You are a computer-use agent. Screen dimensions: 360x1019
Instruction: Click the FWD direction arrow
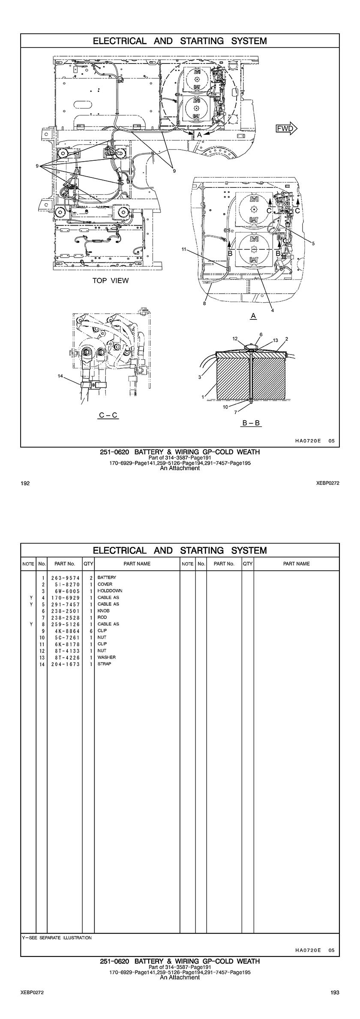coord(286,128)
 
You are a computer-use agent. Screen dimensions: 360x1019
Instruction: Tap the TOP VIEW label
coord(111,281)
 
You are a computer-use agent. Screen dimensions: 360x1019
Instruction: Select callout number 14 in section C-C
coord(60,376)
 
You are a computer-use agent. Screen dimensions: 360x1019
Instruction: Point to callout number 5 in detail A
coord(313,243)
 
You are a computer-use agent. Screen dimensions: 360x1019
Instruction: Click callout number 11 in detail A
coord(184,249)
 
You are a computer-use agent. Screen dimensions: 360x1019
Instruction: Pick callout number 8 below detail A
coord(205,304)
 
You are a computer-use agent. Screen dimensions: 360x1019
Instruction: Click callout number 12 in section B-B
coord(235,339)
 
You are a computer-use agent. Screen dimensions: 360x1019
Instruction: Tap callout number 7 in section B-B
coord(235,412)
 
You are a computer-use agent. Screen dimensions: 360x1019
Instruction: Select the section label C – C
coord(108,415)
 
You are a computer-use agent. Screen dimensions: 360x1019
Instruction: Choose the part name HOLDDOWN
coord(110,591)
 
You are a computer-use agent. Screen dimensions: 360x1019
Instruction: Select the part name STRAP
coord(104,664)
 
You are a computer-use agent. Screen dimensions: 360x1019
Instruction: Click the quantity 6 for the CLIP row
coord(91,631)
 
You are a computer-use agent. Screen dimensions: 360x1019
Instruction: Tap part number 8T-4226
coord(67,657)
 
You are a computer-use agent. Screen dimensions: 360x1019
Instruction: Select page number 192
coord(25,484)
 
